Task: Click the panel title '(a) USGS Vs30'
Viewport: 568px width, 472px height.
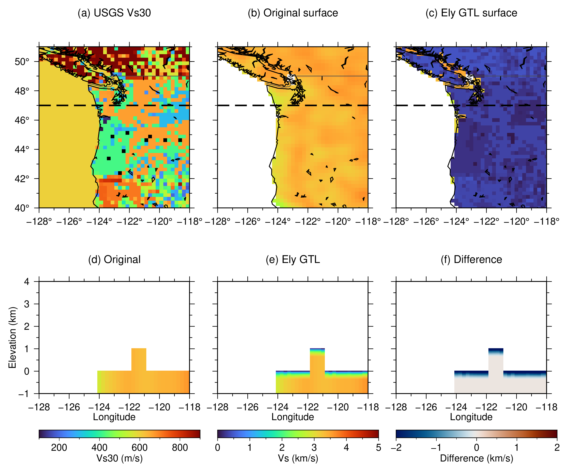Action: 114,13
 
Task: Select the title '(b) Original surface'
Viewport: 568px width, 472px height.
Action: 293,13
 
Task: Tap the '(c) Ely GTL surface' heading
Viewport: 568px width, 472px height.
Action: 471,13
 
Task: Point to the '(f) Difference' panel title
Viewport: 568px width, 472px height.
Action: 471,259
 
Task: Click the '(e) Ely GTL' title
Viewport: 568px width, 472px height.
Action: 293,259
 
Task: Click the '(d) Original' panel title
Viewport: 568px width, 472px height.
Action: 114,259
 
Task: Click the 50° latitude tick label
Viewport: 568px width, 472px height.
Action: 22,62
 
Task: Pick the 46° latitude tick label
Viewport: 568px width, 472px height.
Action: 22,120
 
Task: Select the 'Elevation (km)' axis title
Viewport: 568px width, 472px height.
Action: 12,337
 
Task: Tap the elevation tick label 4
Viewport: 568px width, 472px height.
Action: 27,282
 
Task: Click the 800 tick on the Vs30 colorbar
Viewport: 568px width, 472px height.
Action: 180,448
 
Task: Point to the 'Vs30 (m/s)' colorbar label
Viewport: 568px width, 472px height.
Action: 119,458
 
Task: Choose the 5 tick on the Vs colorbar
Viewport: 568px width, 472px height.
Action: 379,448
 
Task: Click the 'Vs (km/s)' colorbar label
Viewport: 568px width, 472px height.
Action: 298,458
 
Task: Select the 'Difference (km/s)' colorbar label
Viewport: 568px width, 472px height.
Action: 476,458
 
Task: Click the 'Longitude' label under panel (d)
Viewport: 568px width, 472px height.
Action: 114,417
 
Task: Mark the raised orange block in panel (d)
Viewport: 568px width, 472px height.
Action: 139,359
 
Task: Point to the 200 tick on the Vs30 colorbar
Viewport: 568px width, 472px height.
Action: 59,448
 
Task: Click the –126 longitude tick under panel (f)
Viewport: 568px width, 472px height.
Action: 426,407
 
